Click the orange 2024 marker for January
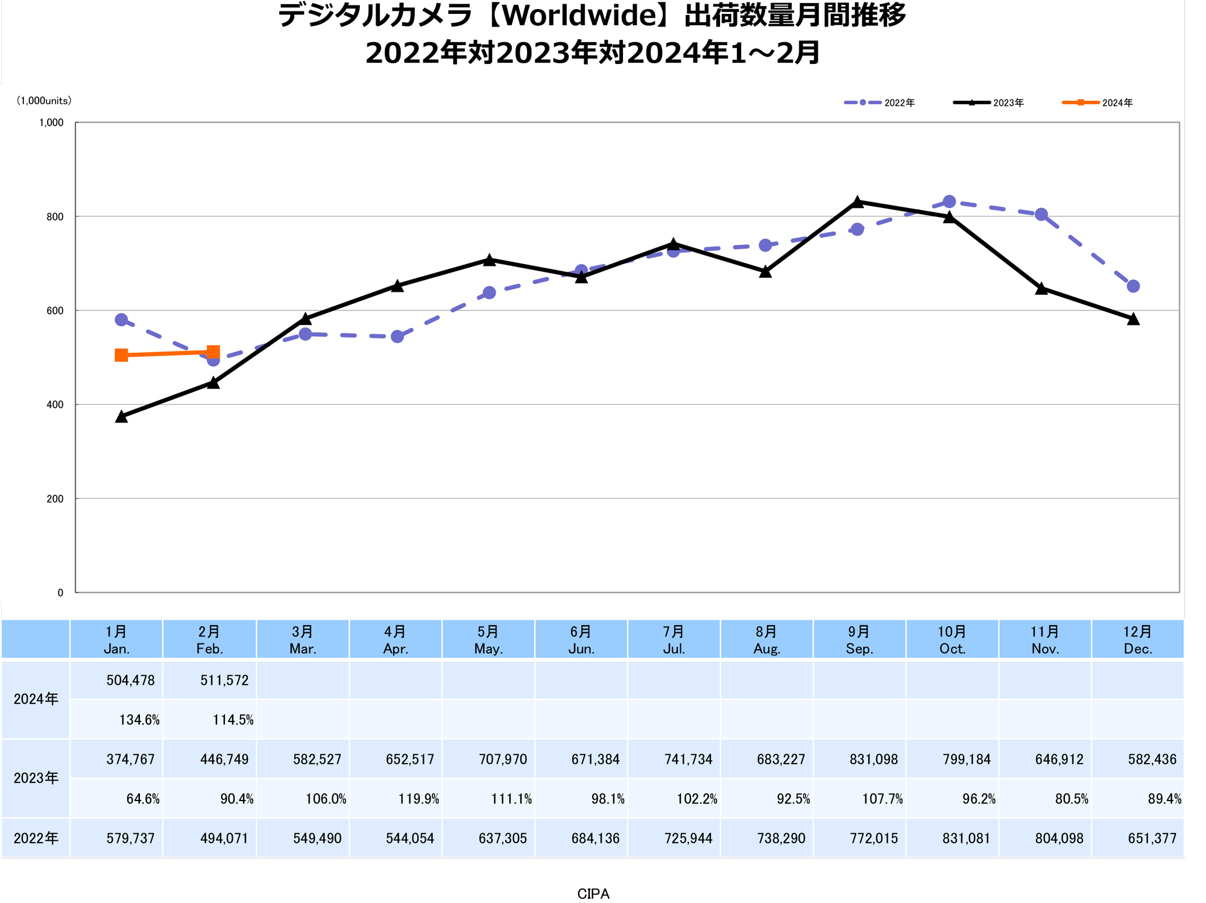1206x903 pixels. [x=121, y=355]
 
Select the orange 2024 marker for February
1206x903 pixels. [x=213, y=352]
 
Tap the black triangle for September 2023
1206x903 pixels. [x=857, y=202]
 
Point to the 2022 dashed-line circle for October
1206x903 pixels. [x=949, y=202]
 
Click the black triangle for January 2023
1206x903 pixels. [x=121, y=417]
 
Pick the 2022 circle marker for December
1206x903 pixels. [x=1133, y=286]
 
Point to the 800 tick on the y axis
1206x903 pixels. [x=55, y=217]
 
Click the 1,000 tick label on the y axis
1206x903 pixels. [x=52, y=123]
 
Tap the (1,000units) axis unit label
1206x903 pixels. [x=44, y=101]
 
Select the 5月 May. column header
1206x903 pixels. [x=488, y=640]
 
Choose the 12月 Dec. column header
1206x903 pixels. [x=1137, y=640]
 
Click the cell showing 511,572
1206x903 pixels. [x=224, y=681]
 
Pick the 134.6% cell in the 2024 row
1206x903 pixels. [x=139, y=720]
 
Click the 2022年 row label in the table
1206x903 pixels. [x=36, y=838]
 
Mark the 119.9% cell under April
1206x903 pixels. [x=418, y=799]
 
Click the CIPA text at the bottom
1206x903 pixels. [x=593, y=893]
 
